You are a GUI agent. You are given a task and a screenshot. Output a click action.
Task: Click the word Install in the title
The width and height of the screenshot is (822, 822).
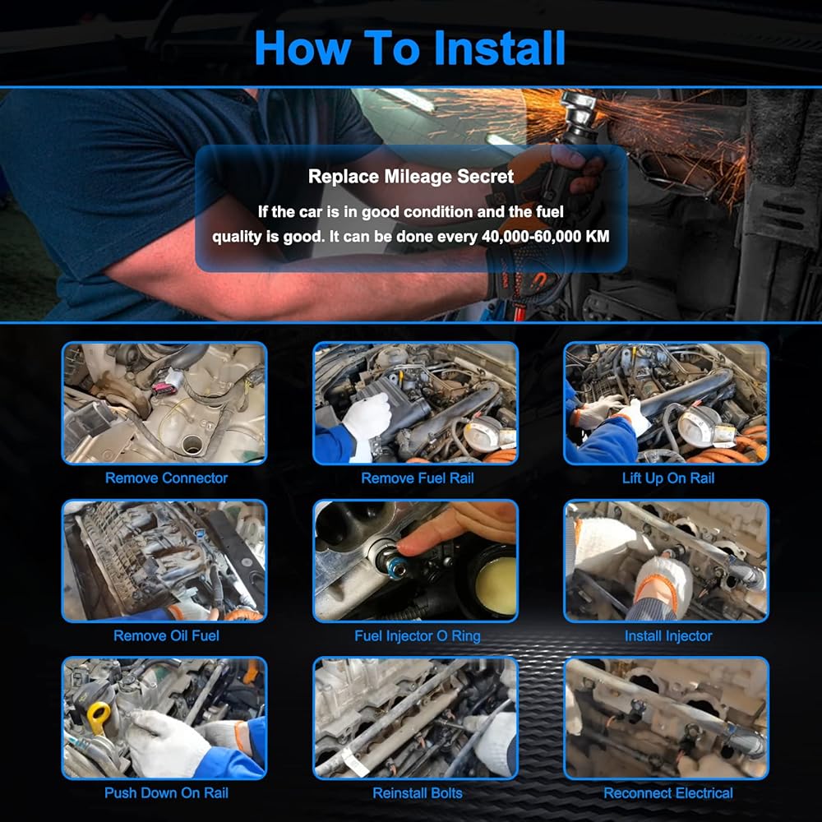(x=500, y=48)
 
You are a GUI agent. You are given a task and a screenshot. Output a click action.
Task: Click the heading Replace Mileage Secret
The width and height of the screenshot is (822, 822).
(x=411, y=176)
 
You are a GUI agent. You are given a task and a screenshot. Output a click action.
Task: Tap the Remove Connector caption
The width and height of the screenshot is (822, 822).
(x=166, y=478)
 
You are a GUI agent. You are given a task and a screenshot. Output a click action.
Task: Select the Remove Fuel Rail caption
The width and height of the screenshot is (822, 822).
(x=418, y=478)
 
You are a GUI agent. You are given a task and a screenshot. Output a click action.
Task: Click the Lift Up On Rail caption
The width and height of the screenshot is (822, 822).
(x=667, y=478)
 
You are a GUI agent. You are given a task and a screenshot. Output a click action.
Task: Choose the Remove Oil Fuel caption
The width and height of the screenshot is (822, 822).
(x=166, y=636)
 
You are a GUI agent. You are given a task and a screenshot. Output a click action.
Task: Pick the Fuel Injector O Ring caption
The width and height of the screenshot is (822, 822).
(x=418, y=636)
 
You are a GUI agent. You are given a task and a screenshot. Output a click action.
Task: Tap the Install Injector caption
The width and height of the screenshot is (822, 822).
(x=667, y=636)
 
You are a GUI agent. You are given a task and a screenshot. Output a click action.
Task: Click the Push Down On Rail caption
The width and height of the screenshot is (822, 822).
(x=166, y=792)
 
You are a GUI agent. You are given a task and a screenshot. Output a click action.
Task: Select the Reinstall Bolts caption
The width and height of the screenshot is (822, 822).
(x=418, y=792)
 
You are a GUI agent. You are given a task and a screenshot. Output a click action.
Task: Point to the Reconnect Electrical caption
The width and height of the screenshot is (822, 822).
(x=667, y=792)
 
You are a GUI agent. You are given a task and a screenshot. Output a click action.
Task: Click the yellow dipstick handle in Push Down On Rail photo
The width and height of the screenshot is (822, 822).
(x=99, y=718)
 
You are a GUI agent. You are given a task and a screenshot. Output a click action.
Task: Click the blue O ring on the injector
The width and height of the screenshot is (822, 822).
(x=395, y=566)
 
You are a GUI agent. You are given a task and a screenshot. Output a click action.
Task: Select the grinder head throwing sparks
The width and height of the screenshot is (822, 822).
(x=580, y=113)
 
